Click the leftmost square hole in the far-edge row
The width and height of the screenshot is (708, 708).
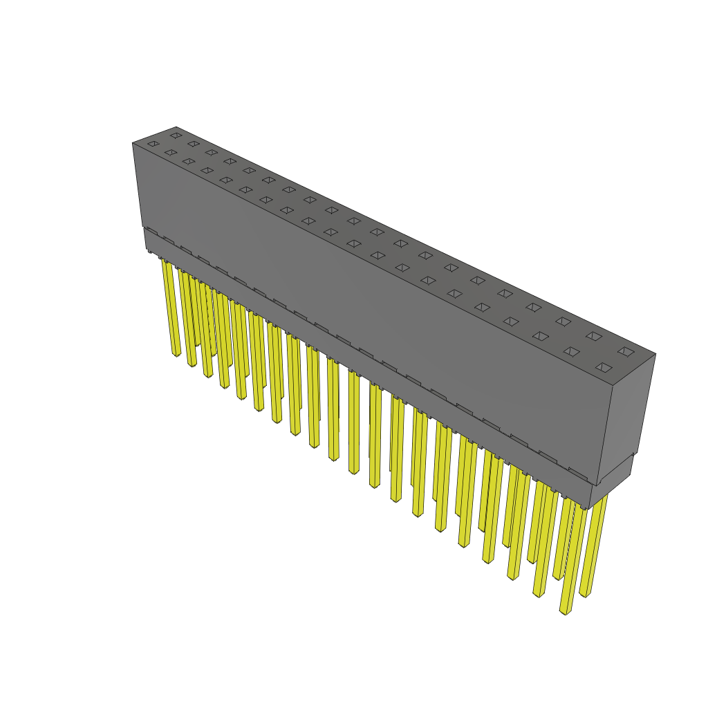coord(176,136)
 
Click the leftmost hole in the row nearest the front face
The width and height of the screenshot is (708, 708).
coord(153,144)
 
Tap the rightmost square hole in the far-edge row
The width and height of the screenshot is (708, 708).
coord(626,351)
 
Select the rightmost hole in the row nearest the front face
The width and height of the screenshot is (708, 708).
coord(604,367)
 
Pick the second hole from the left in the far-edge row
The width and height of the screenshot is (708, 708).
coord(194,144)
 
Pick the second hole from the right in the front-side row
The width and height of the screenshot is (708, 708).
coord(571,351)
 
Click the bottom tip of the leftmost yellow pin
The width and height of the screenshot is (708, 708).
coord(176,355)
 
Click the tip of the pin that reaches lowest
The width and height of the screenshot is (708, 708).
coord(565,612)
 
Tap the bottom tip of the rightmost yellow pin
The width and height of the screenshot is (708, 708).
coord(584,595)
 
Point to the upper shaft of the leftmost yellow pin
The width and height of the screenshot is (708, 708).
coord(169,283)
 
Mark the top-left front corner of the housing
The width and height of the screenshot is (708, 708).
coord(133,143)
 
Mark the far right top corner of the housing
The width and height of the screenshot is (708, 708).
coord(655,354)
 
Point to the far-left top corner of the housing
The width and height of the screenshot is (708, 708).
coord(176,127)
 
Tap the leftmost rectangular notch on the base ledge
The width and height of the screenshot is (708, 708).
coord(152,232)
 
